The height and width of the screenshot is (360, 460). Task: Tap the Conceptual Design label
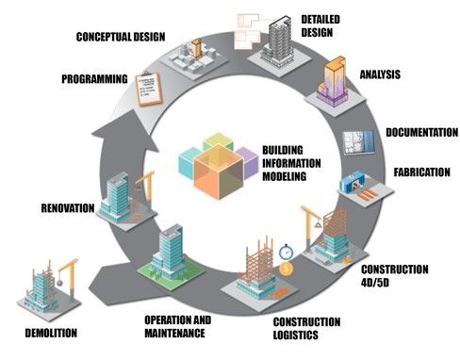tap(116, 38)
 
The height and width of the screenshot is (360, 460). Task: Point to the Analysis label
tap(381, 74)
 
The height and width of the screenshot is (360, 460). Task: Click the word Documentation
tap(420, 133)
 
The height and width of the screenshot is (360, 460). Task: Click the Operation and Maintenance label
tap(177, 325)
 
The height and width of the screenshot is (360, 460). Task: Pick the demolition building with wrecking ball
tap(42, 291)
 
